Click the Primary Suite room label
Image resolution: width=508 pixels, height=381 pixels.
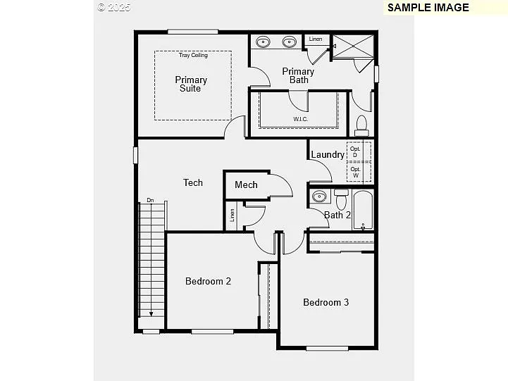[190, 85]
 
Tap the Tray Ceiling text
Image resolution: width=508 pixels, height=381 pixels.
[192, 55]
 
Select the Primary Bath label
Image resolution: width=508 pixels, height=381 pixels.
[298, 75]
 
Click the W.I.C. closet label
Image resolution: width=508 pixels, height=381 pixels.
[301, 119]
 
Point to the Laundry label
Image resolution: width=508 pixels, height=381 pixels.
[328, 155]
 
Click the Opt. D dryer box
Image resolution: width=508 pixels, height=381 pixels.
[355, 152]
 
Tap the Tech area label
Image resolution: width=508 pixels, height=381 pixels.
[193, 182]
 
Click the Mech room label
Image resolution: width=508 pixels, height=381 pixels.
[246, 185]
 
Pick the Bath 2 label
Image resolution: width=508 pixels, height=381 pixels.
[337, 215]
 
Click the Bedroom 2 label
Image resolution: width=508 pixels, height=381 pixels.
[208, 281]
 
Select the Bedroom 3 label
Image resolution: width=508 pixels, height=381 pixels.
[326, 302]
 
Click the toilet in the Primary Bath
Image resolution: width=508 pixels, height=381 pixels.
[361, 125]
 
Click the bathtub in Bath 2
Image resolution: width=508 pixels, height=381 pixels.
[363, 210]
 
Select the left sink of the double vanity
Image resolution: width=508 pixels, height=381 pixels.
[263, 42]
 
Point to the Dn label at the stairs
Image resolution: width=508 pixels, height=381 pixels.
[150, 200]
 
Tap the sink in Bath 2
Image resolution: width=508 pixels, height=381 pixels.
[318, 196]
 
